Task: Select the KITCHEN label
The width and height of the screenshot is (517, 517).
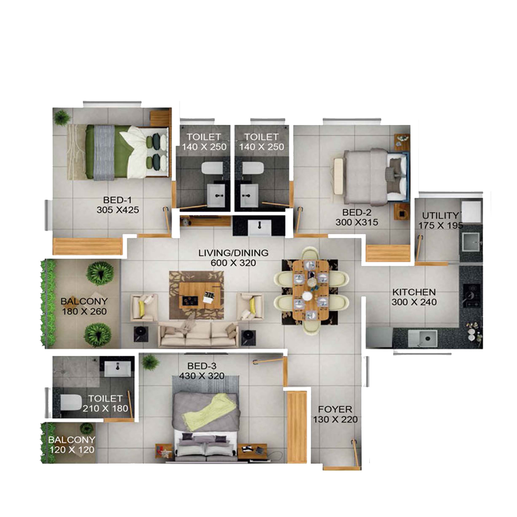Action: (x=414, y=292)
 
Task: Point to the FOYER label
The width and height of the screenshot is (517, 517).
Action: (x=335, y=409)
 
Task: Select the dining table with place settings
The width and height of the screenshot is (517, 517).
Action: (x=311, y=290)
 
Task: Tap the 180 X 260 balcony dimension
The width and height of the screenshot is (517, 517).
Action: (x=84, y=311)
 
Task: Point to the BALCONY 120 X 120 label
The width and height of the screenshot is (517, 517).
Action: (x=71, y=445)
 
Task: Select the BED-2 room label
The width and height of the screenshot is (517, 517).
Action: (x=357, y=213)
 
